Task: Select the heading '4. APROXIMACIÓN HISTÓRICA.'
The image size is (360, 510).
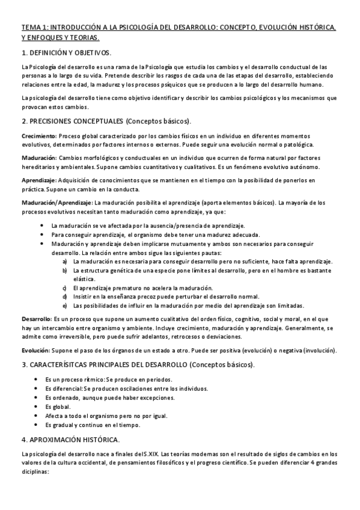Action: (x=70, y=438)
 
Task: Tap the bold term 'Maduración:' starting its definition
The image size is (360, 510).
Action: (x=38, y=158)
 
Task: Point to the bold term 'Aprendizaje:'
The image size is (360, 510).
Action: (x=39, y=180)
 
